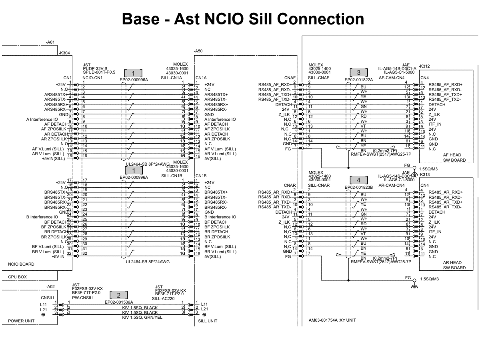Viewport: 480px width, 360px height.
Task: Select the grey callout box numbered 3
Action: coord(358,73)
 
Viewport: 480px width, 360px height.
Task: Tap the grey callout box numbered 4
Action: coord(358,179)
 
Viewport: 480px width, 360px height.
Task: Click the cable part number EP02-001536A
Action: coord(119,302)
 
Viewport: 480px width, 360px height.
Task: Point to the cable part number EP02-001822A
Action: coord(358,80)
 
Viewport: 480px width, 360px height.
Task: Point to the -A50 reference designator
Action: coord(198,51)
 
